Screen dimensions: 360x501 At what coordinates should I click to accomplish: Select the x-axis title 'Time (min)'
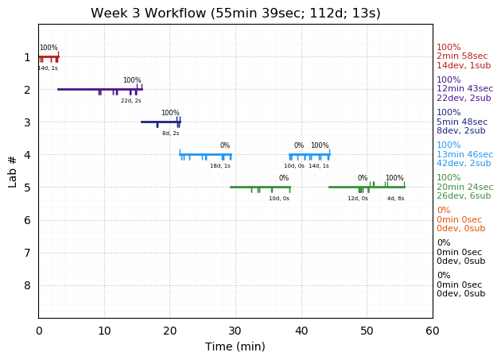click(x=235, y=346)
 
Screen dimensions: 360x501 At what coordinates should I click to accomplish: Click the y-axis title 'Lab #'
click(x=13, y=171)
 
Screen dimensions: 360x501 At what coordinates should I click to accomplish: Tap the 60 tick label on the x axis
click(x=432, y=330)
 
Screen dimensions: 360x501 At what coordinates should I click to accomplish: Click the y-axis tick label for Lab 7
click(x=27, y=253)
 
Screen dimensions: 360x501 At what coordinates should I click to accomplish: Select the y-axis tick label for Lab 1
click(x=27, y=57)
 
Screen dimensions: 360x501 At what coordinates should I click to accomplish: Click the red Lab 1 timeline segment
click(x=49, y=57)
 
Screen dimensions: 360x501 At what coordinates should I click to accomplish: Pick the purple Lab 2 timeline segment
click(x=99, y=89)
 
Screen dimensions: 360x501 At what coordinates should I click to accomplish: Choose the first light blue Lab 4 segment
click(x=205, y=155)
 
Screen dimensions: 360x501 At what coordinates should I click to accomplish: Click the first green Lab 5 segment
click(x=260, y=187)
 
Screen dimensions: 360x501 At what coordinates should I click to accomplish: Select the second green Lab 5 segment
click(x=366, y=187)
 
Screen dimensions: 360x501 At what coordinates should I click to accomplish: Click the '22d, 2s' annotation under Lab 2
click(x=131, y=101)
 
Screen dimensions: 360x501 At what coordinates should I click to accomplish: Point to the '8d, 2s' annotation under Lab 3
click(x=171, y=134)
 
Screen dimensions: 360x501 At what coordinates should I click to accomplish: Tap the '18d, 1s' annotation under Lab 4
click(x=220, y=166)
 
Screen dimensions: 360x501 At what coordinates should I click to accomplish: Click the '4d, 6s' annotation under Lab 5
click(x=395, y=199)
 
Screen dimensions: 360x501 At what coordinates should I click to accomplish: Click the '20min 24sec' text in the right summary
click(x=464, y=188)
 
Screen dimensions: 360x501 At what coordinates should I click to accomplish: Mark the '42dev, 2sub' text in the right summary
click(x=464, y=164)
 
